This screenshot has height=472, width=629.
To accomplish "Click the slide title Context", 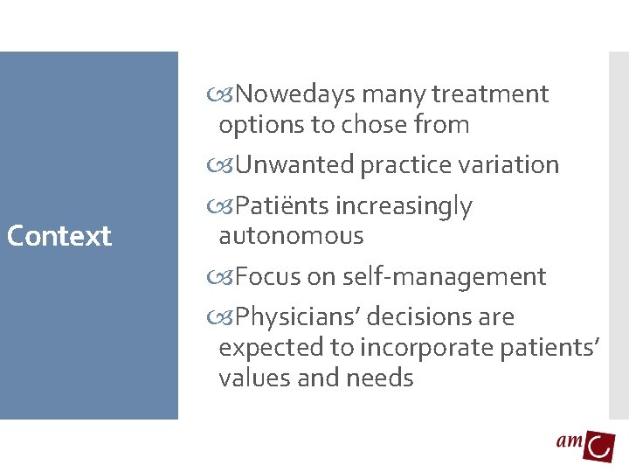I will click(x=59, y=236).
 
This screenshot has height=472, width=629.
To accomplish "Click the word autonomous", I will click(x=291, y=236).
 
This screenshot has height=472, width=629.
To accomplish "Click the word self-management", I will click(x=445, y=277).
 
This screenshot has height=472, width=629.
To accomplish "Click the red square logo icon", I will click(x=599, y=446).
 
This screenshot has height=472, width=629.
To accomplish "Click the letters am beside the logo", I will click(x=570, y=441).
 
